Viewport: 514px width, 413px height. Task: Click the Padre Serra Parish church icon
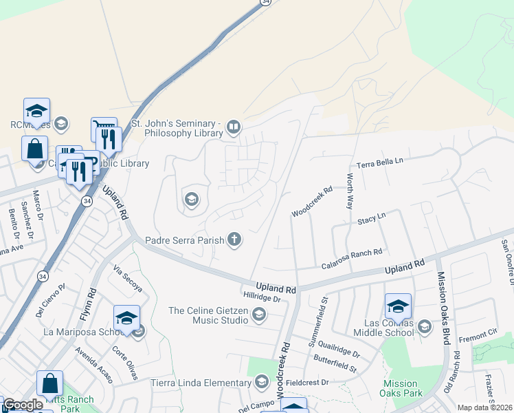234,240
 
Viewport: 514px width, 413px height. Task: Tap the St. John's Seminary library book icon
234,127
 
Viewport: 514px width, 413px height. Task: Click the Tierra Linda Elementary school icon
261,382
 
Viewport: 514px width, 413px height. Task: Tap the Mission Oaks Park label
401,388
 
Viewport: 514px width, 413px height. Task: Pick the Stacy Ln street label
372,220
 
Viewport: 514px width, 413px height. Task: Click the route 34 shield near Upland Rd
87,201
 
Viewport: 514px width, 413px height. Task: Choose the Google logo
23,405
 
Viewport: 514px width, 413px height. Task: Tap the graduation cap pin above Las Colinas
398,305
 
